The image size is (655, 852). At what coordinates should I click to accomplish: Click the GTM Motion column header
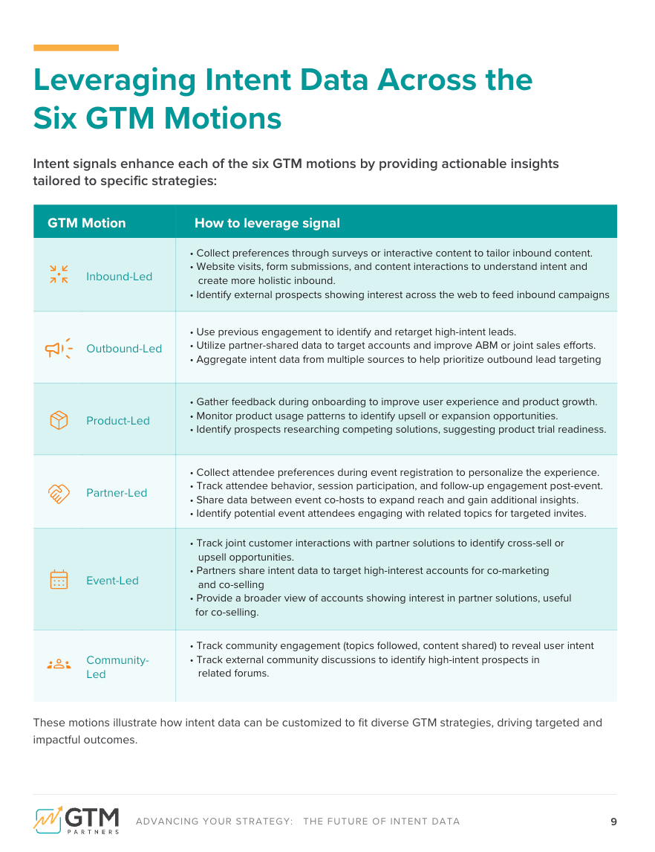[87, 223]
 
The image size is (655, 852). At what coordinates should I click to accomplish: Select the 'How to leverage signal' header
[267, 223]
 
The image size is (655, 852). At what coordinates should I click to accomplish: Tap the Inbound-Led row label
[119, 277]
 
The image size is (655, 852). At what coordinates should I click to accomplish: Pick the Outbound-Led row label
[124, 349]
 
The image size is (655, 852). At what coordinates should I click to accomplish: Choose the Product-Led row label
[118, 421]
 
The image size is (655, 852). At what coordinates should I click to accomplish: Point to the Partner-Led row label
[117, 493]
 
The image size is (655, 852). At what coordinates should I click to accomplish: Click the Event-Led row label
[112, 581]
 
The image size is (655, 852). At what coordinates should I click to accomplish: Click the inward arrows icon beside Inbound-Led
[59, 274]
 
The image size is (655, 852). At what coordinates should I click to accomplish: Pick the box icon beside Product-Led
[59, 421]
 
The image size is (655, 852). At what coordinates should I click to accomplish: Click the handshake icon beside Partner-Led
[59, 493]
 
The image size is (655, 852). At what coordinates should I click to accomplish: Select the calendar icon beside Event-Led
[59, 580]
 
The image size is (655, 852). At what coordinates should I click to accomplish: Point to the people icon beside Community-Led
[59, 665]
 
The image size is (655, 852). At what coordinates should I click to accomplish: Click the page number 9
[613, 822]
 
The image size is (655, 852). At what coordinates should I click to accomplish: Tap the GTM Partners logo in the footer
[76, 819]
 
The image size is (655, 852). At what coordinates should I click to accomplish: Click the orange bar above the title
[76, 48]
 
